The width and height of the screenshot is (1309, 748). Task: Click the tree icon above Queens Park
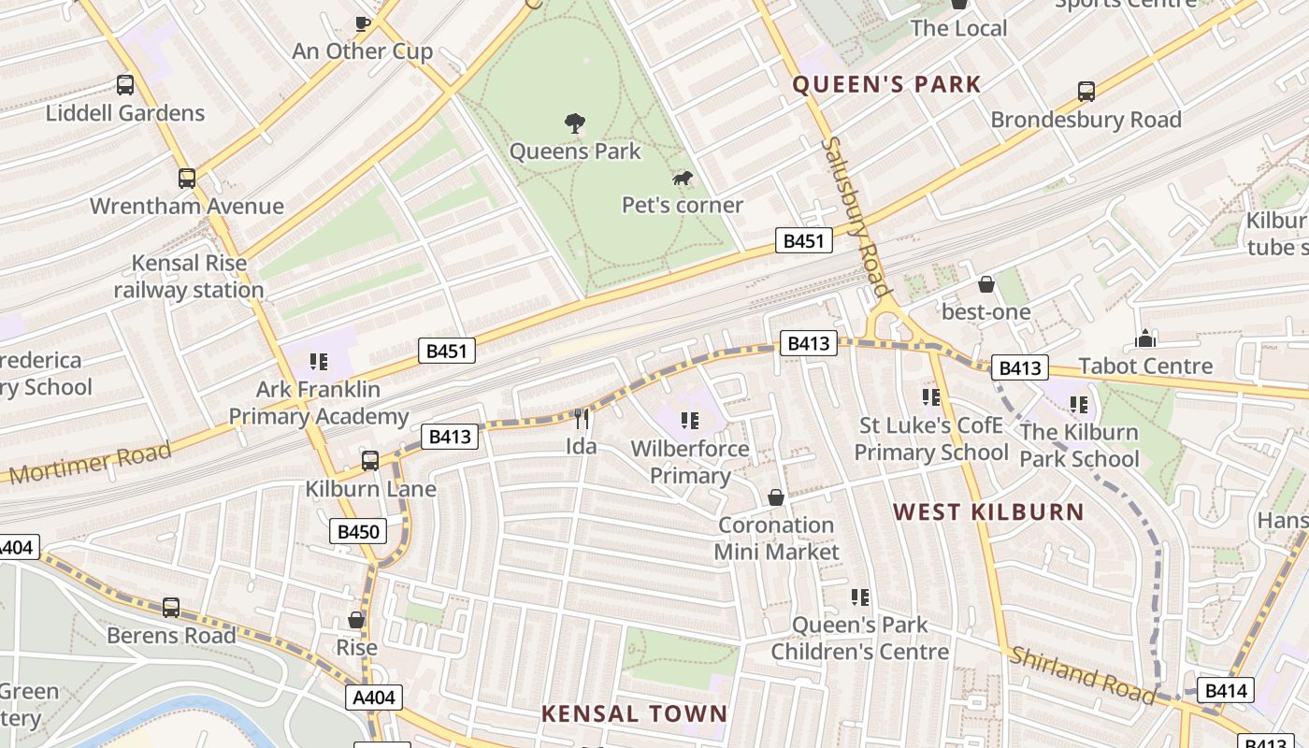[575, 122]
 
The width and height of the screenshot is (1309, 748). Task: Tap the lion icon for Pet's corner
[683, 178]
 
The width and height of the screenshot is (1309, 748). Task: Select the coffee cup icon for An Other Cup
[362, 23]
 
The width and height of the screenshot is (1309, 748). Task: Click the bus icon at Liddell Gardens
[125, 85]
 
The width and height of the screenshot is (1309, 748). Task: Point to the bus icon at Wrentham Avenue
[187, 179]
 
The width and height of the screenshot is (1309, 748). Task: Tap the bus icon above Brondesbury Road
[1086, 92]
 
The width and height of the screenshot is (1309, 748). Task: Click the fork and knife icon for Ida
[582, 418]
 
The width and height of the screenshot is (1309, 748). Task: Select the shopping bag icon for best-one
[985, 284]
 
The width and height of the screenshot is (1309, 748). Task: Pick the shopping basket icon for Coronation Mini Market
[775, 497]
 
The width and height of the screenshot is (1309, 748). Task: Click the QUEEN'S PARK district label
[886, 84]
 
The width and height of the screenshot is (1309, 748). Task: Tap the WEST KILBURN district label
[988, 511]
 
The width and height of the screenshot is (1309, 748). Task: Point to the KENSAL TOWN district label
[634, 713]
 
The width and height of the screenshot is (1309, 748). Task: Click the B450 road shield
[358, 532]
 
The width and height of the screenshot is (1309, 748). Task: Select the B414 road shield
[1225, 691]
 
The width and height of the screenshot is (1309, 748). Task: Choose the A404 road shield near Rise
[375, 697]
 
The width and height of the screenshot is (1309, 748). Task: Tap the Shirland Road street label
[1082, 674]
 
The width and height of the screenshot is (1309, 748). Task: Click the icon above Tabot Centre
[1145, 338]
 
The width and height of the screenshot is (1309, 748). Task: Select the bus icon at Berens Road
[171, 608]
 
